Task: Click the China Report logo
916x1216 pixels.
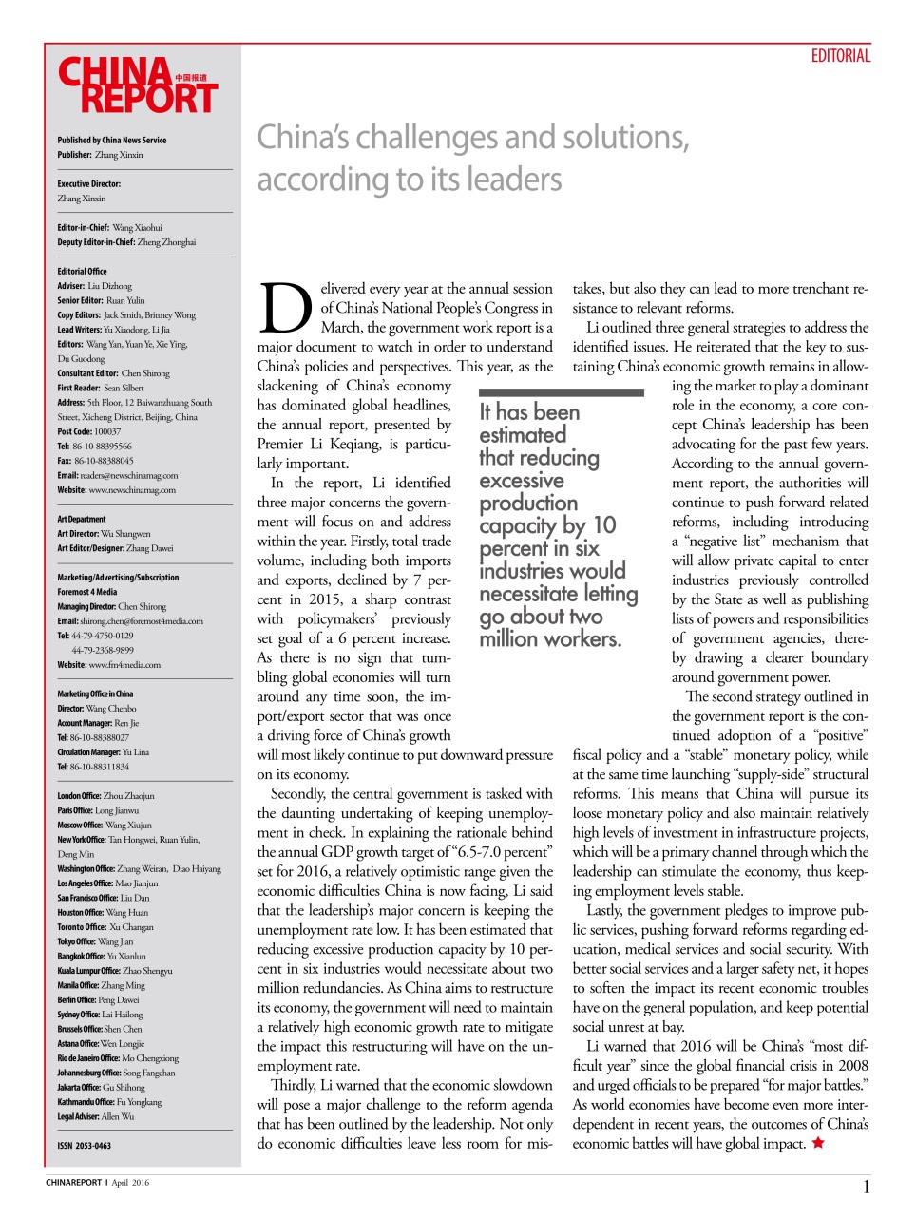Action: coord(138,85)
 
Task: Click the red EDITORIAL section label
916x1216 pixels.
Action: coord(840,56)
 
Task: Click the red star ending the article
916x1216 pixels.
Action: coord(818,1143)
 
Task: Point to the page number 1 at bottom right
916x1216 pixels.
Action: coord(866,1187)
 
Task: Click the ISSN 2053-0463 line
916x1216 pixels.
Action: coord(84,1146)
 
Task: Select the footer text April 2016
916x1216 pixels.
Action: coord(130,1183)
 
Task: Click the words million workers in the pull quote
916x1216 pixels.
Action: coord(549,639)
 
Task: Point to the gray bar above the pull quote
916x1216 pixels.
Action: coord(561,391)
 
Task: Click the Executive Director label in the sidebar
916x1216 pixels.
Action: coord(88,184)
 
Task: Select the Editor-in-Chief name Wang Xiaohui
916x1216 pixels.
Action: coord(138,228)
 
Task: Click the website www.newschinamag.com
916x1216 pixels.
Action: coord(132,490)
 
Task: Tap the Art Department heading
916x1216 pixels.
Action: coord(82,520)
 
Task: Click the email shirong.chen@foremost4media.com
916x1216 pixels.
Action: coord(142,621)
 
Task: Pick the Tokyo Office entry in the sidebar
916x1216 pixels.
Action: coord(95,941)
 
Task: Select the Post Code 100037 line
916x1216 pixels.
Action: coord(89,431)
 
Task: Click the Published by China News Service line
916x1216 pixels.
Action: coord(111,141)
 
